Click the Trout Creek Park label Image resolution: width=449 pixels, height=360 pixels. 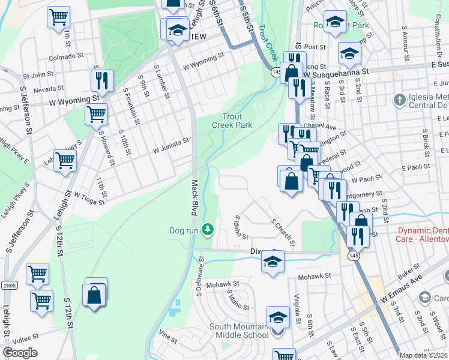point(232,121)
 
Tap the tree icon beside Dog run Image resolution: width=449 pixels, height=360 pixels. point(207,229)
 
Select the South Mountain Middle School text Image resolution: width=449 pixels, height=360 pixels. point(239,331)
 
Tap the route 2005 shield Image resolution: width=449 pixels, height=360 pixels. point(8,284)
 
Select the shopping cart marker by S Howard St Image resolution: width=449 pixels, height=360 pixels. point(96,113)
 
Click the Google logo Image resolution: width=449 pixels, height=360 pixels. point(20,353)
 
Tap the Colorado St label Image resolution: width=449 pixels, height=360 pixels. point(65,57)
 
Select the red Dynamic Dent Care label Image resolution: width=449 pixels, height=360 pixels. point(423,235)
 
